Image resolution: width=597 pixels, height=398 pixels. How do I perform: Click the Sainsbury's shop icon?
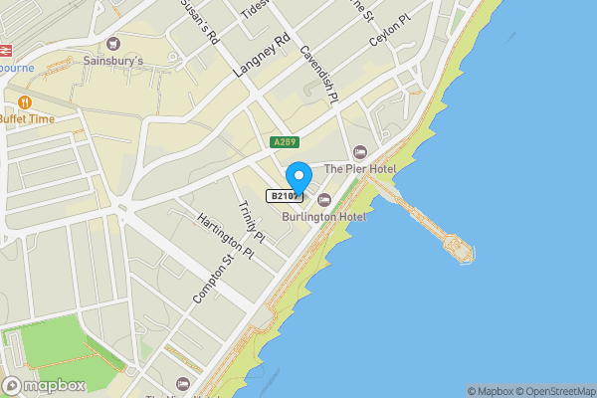click(x=112, y=43)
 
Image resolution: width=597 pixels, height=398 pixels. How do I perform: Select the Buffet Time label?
click(x=27, y=118)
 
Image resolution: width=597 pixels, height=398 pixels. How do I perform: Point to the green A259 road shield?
click(x=285, y=143)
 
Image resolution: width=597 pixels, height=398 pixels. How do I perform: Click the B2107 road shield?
click(x=284, y=196)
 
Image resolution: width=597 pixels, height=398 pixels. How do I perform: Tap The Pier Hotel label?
click(x=360, y=169)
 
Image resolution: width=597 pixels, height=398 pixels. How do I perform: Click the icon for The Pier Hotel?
click(x=360, y=151)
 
